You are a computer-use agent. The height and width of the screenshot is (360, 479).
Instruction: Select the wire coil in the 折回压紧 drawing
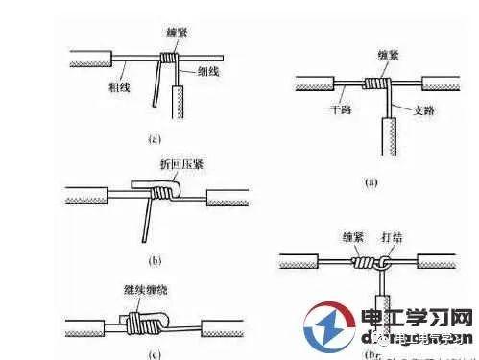[x=164, y=195]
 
